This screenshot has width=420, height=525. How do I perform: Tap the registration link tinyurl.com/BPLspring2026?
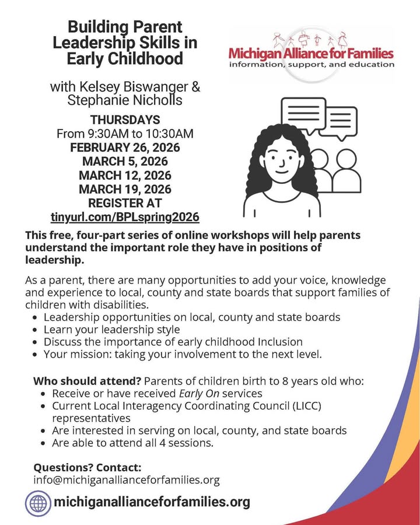coord(125,217)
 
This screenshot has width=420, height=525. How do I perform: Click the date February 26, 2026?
coord(125,147)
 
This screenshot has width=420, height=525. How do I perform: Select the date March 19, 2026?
coord(125,189)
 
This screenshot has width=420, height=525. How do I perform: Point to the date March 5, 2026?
coord(125,161)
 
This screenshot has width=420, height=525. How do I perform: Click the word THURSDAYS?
coord(125,120)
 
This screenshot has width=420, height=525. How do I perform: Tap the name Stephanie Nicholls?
coord(125,100)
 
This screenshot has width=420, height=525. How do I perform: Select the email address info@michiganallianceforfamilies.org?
coord(126,480)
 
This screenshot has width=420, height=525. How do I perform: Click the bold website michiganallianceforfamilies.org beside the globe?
coord(152,502)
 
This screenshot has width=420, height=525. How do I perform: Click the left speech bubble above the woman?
coord(303,115)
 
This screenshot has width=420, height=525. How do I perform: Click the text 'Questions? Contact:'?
coord(87,467)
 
